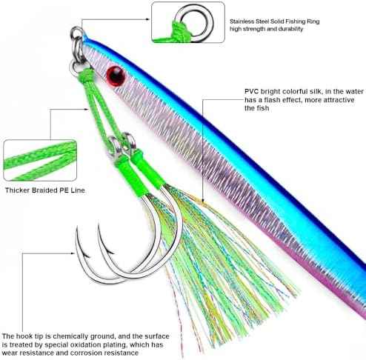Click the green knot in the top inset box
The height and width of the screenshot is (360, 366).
[x=180, y=31]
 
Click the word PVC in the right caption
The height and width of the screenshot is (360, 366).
[x=251, y=92]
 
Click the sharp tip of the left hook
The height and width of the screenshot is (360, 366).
[x=77, y=227]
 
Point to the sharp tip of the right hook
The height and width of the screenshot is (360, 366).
[x=99, y=225]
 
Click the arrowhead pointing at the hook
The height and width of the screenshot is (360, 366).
[x=73, y=253]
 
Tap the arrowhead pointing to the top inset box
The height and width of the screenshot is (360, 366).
[x=148, y=19]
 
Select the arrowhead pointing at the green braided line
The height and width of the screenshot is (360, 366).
[x=86, y=109]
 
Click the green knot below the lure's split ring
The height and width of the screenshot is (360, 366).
[x=86, y=74]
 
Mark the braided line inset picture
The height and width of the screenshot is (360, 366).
[x=40, y=160]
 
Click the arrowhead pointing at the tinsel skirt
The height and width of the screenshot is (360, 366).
[x=202, y=201]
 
